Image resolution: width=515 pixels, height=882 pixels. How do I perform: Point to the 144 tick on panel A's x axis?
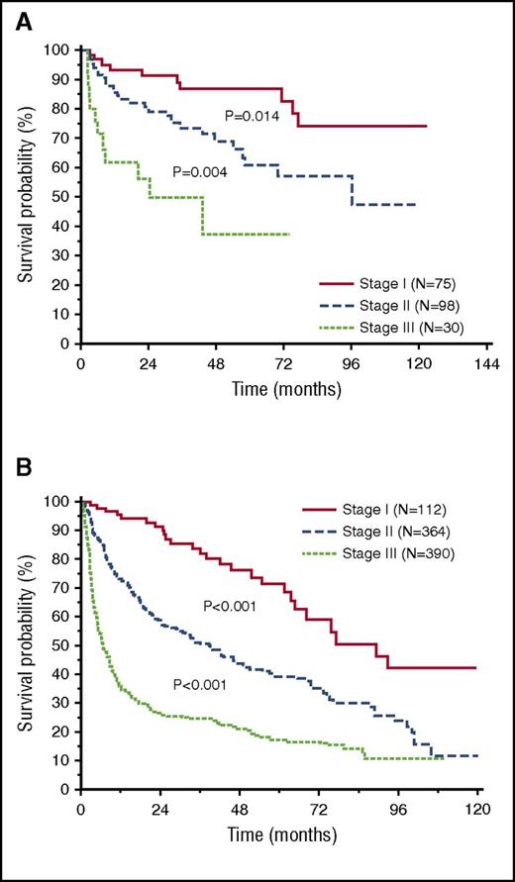485,362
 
